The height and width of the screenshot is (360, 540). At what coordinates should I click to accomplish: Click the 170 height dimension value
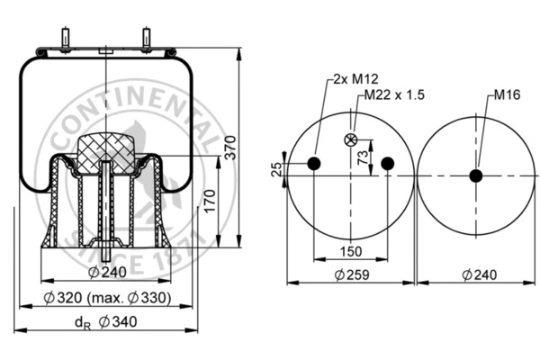click(209, 200)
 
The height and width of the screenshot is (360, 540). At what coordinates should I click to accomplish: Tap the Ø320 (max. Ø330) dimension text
click(106, 298)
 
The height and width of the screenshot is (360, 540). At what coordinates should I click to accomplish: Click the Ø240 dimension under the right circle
click(475, 274)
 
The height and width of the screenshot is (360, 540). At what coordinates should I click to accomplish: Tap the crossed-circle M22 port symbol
click(351, 139)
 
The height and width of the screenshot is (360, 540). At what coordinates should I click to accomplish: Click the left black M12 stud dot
click(314, 163)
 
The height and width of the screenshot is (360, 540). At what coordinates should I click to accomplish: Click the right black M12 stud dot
click(387, 163)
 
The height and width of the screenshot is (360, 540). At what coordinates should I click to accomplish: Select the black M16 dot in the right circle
click(475, 175)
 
